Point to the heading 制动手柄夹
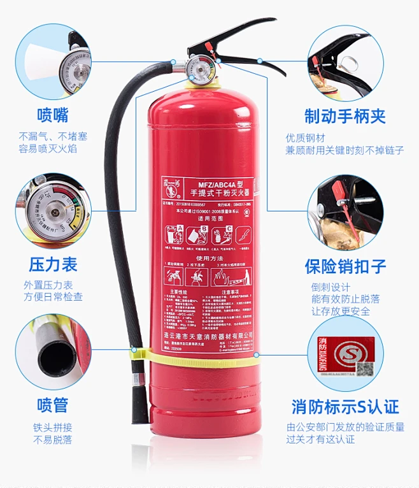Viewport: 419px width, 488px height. pyautogui.click(x=344, y=116)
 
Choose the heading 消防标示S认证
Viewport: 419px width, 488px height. pyautogui.click(x=344, y=406)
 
